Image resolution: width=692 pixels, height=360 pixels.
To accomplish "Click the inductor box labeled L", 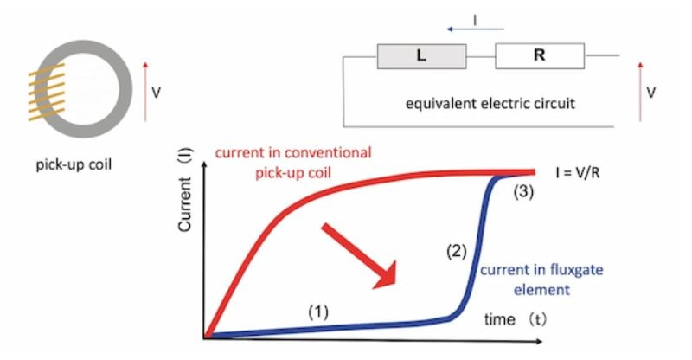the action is pyautogui.click(x=421, y=56).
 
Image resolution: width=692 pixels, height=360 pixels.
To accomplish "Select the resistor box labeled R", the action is pyautogui.click(x=540, y=56).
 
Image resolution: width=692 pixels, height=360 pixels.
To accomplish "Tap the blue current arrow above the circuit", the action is pyautogui.click(x=475, y=29).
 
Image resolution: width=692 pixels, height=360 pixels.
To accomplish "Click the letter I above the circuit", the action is pyautogui.click(x=475, y=20).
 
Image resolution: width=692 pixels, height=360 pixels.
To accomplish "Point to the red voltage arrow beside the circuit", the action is pyautogui.click(x=640, y=92).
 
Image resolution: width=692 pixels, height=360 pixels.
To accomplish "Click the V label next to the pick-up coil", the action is pyautogui.click(x=157, y=93).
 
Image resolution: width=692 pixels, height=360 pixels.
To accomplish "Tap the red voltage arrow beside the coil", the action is pyautogui.click(x=145, y=92).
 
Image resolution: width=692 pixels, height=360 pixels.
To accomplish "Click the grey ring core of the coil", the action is pyautogui.click(x=125, y=89).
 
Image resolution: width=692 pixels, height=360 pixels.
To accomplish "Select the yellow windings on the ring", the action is pyautogui.click(x=47, y=92).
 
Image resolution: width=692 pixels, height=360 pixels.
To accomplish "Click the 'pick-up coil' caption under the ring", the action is pyautogui.click(x=74, y=164).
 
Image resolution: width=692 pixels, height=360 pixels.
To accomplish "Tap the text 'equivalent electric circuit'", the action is pyautogui.click(x=490, y=104).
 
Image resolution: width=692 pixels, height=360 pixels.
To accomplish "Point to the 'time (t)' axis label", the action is pyautogui.click(x=515, y=319).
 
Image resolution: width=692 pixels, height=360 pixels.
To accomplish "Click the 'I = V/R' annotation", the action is pyautogui.click(x=578, y=173).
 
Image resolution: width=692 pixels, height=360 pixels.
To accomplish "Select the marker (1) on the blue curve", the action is pyautogui.click(x=318, y=312).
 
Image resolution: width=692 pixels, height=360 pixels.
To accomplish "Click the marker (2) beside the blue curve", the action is pyautogui.click(x=457, y=251).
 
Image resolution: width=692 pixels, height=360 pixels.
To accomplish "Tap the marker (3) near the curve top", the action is pyautogui.click(x=523, y=192).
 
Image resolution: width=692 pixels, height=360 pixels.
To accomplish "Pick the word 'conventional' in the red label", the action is pyautogui.click(x=328, y=153).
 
